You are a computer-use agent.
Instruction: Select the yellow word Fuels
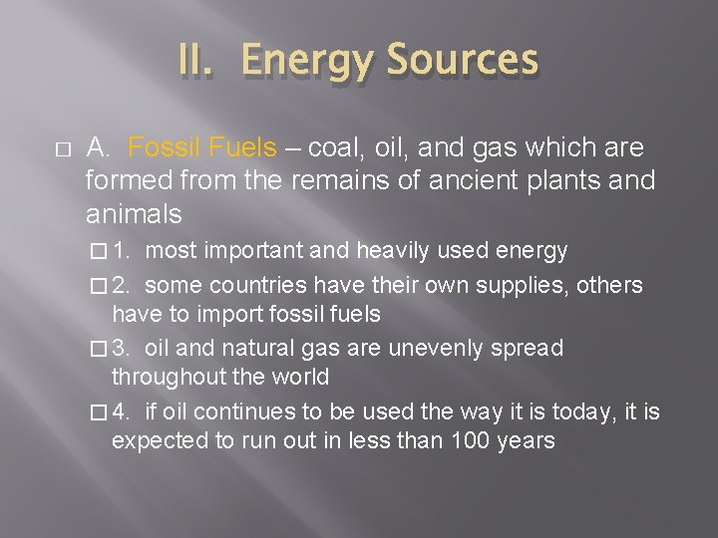243,148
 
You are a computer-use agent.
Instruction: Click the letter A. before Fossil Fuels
98,148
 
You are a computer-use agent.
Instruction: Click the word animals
134,214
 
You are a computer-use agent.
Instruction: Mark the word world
298,378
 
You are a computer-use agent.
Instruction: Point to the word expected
161,441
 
